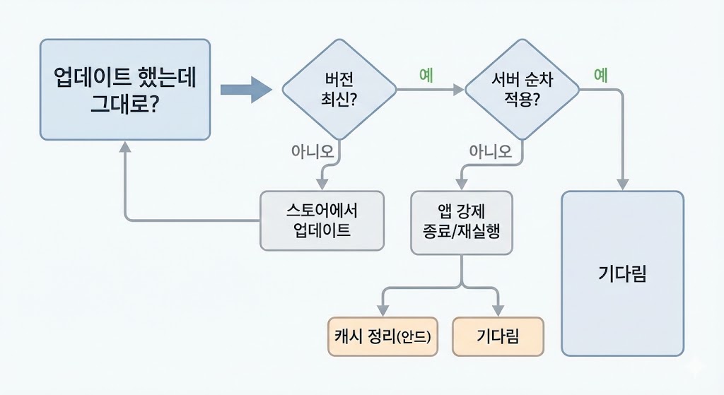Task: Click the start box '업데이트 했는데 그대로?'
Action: [124, 89]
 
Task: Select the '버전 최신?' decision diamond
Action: [339, 89]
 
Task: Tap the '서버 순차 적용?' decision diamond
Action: [522, 89]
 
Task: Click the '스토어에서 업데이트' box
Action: [322, 220]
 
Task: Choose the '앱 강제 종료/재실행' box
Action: [461, 222]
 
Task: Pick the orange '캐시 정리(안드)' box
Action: [383, 336]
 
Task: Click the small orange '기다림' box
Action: [498, 336]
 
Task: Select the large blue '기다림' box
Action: [622, 273]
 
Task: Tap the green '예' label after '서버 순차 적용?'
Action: [601, 76]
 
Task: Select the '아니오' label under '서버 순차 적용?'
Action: [490, 151]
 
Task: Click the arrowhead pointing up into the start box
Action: [125, 147]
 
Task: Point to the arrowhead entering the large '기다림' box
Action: [622, 184]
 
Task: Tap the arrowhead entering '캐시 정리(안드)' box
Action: [383, 310]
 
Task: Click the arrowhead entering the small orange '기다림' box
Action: [498, 310]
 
